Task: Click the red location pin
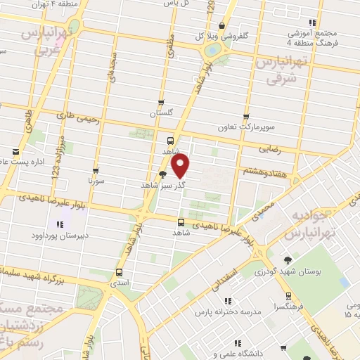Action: [x=181, y=167]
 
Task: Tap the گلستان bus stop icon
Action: [x=161, y=102]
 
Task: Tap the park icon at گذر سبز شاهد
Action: [x=163, y=175]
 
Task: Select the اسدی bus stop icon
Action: [x=118, y=271]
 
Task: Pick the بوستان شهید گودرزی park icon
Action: [x=288, y=259]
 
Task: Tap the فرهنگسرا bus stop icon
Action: [x=288, y=295]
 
